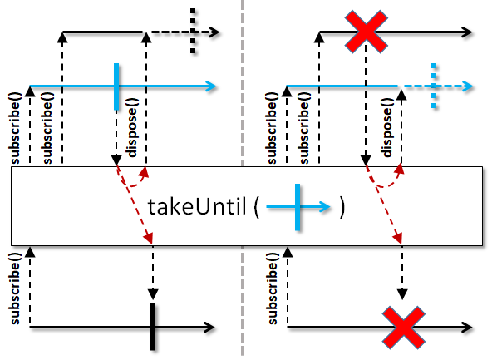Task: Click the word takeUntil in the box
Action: pyautogui.click(x=197, y=206)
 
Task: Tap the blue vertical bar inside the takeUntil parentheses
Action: pyautogui.click(x=298, y=207)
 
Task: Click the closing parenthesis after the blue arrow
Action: pyautogui.click(x=342, y=208)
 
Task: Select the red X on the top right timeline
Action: pyautogui.click(x=367, y=32)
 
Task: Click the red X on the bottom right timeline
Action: pyautogui.click(x=404, y=328)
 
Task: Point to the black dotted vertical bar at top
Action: pyautogui.click(x=193, y=31)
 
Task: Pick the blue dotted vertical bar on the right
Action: pyautogui.click(x=434, y=86)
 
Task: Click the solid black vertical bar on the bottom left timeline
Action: pyautogui.click(x=153, y=327)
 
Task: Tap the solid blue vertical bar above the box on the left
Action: pyautogui.click(x=116, y=86)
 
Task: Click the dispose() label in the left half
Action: pyautogui.click(x=132, y=127)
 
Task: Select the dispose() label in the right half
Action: pyautogui.click(x=388, y=127)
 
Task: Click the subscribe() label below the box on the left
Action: pyautogui.click(x=15, y=288)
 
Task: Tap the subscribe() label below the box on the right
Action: pyautogui.click(x=273, y=288)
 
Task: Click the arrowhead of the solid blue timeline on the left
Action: pyautogui.click(x=211, y=86)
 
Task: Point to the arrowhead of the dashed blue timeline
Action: pyautogui.click(x=467, y=86)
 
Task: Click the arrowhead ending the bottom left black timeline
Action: pyautogui.click(x=209, y=328)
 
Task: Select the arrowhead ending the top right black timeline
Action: pyautogui.click(x=466, y=32)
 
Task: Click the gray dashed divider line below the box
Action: pyautogui.click(x=243, y=301)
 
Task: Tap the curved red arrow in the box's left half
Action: pyautogui.click(x=133, y=183)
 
